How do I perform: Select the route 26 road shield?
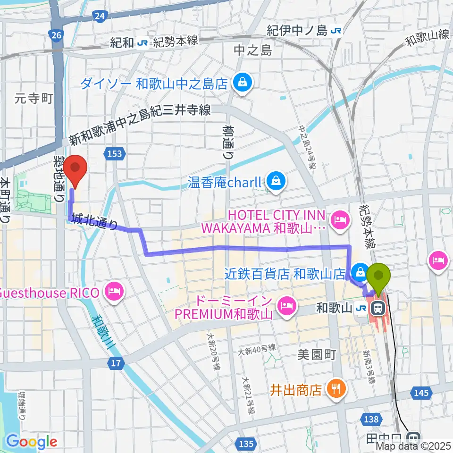pos(56,35)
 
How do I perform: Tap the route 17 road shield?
pos(117,364)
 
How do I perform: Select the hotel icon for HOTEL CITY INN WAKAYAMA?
pos(340,219)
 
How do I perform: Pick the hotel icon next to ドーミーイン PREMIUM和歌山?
pos(286,306)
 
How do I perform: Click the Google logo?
pos(32,442)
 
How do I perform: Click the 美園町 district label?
pos(316,355)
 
